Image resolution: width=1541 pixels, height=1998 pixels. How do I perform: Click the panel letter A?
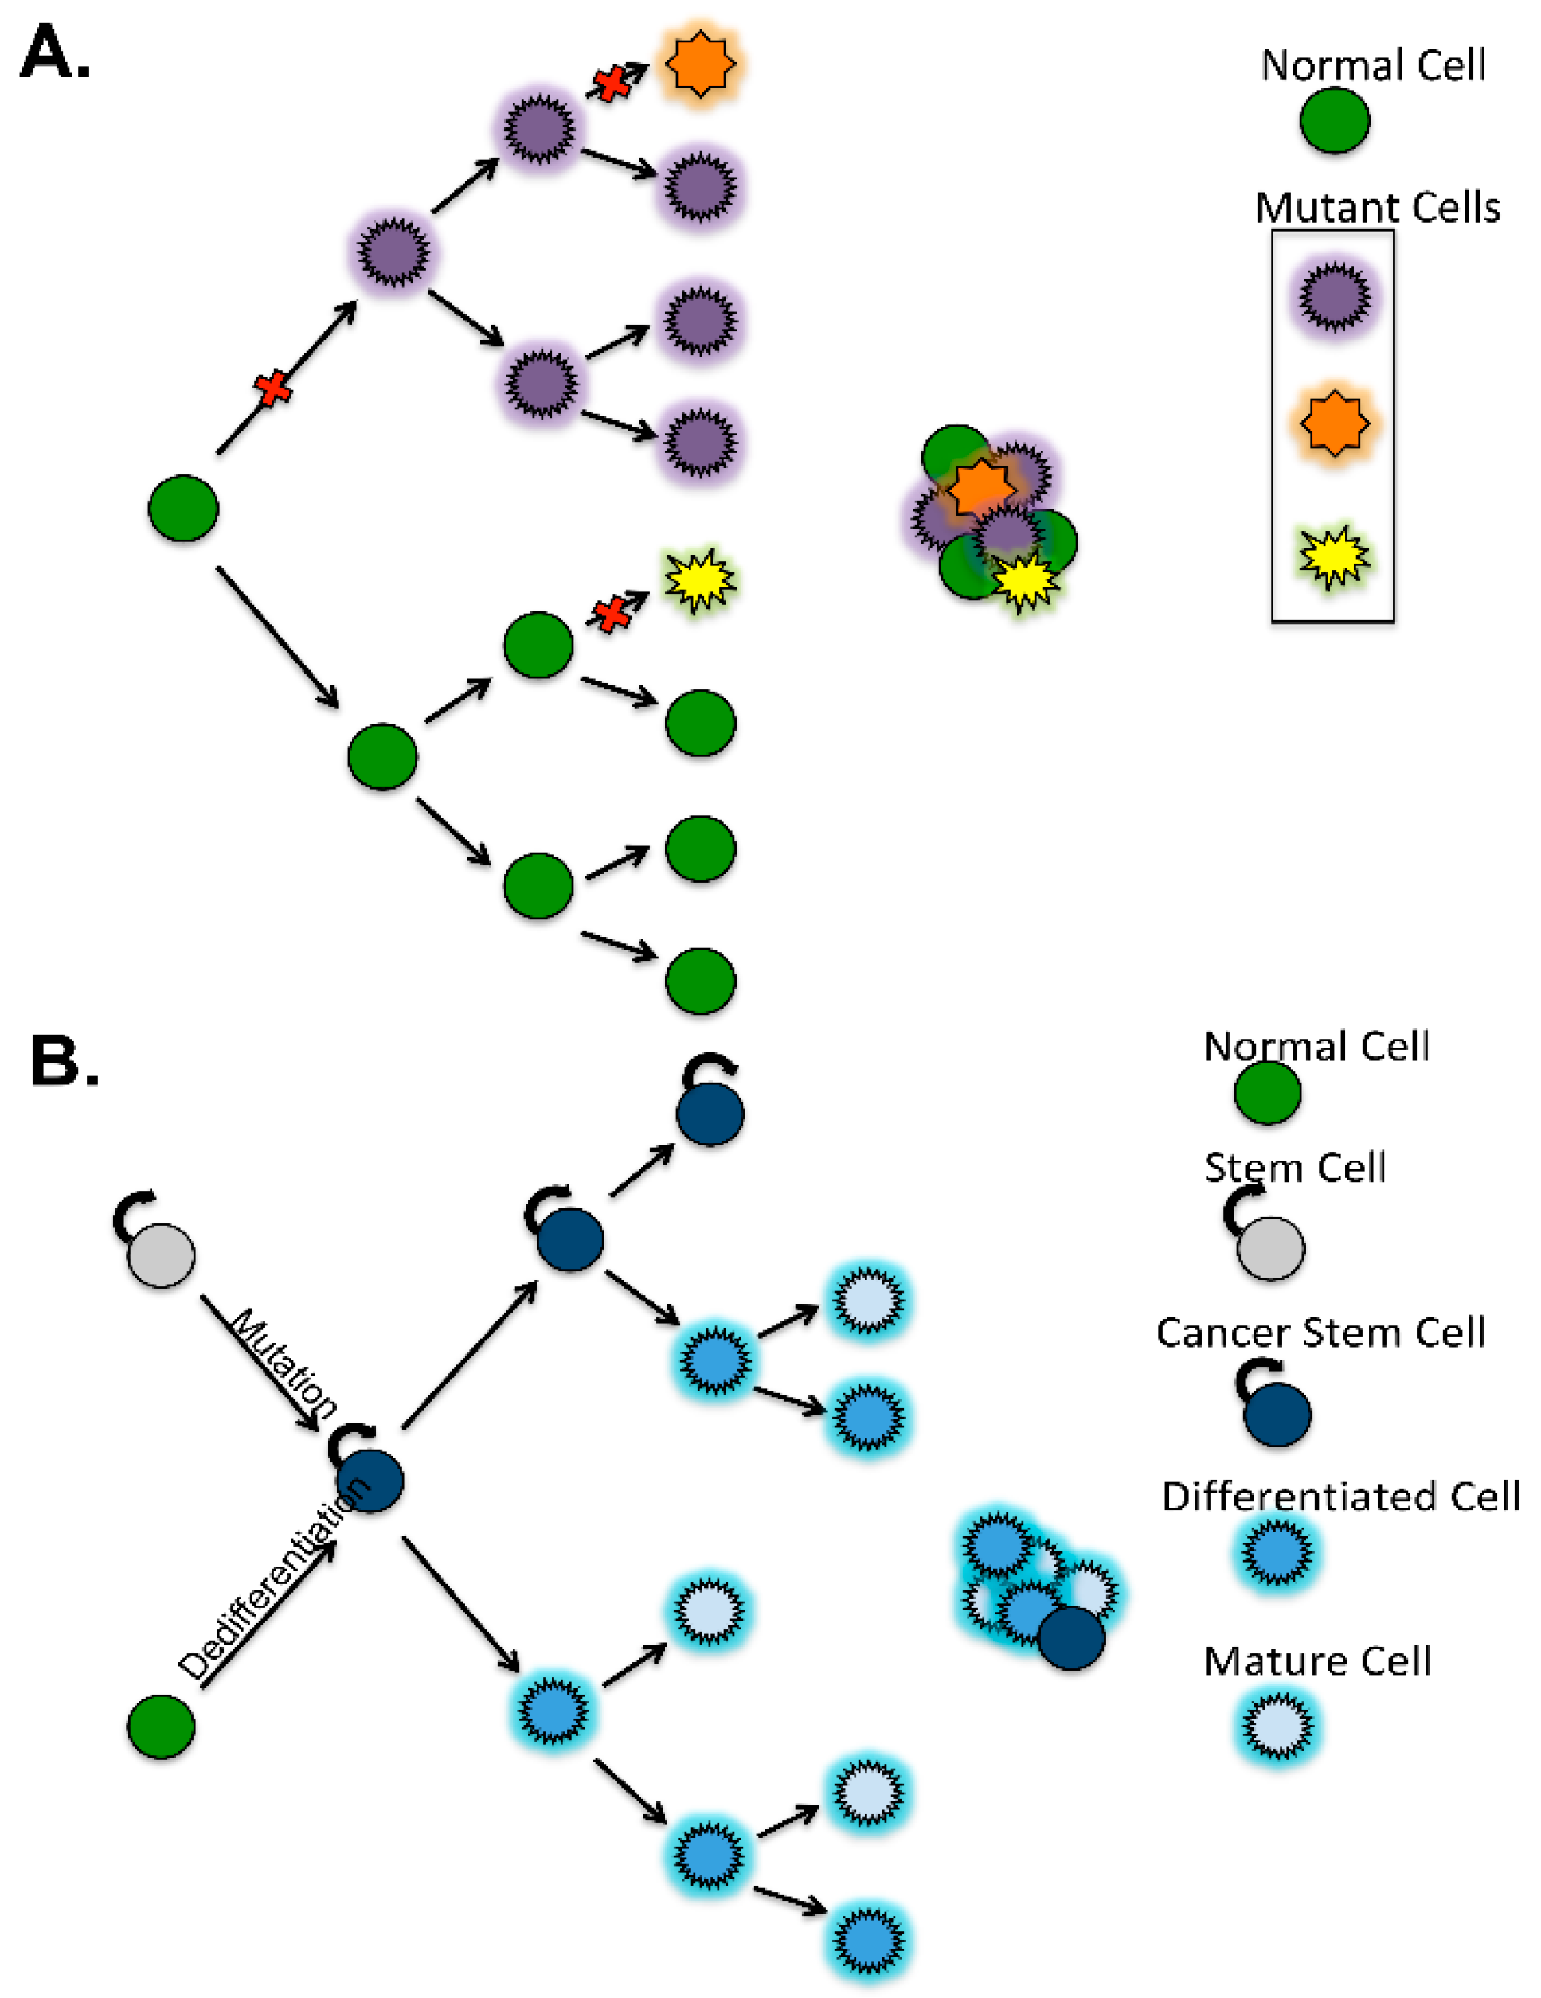55,53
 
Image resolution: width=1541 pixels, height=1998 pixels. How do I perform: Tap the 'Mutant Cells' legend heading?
1377,209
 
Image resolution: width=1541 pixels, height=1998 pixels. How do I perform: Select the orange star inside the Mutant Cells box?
1335,423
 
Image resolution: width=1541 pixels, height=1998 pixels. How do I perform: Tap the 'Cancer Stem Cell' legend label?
1320,1332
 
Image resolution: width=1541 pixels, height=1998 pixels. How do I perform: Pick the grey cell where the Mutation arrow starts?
161,1255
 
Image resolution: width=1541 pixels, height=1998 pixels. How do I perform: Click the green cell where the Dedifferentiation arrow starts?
161,1727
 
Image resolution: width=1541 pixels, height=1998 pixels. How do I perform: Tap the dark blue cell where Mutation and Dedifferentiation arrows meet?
370,1481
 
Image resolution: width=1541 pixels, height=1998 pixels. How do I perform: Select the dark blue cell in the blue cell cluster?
1072,1637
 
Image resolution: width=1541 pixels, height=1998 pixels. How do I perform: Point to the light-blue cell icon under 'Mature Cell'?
1278,1727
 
